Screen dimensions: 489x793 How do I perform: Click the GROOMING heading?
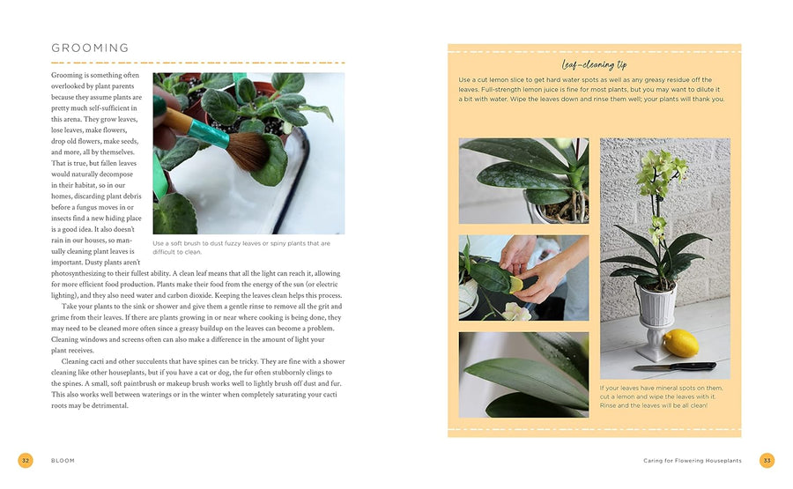coord(90,48)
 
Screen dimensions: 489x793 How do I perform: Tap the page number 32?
coord(26,461)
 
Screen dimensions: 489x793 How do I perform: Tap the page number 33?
coord(767,461)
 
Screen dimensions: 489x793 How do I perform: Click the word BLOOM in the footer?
coord(63,461)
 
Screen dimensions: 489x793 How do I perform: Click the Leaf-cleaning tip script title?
coord(594,64)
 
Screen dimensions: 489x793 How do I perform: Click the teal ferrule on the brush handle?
coord(206,130)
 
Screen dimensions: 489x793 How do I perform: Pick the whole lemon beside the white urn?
coord(679,343)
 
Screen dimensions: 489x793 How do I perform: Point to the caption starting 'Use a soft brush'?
coord(241,248)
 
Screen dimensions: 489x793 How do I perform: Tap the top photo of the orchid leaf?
coord(523,181)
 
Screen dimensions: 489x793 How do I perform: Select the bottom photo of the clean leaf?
coord(523,374)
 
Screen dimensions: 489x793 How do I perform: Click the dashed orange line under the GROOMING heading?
coord(197,63)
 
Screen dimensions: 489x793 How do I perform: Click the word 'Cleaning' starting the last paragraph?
coord(80,361)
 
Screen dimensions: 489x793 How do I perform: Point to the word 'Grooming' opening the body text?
coord(70,76)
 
